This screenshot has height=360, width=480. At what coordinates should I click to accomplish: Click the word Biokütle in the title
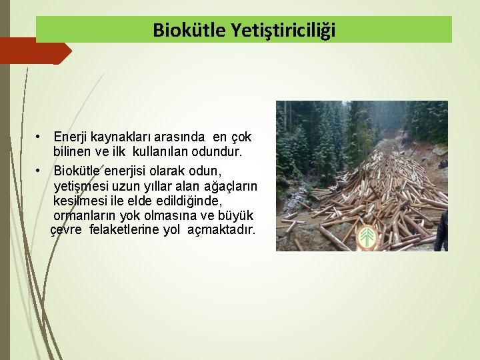point(190,30)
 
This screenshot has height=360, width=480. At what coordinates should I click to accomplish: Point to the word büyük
point(239,216)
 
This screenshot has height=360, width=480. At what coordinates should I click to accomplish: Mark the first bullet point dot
point(40,137)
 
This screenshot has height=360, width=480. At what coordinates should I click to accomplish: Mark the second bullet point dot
point(40,171)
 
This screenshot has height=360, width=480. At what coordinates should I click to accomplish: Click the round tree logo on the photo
point(367,238)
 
